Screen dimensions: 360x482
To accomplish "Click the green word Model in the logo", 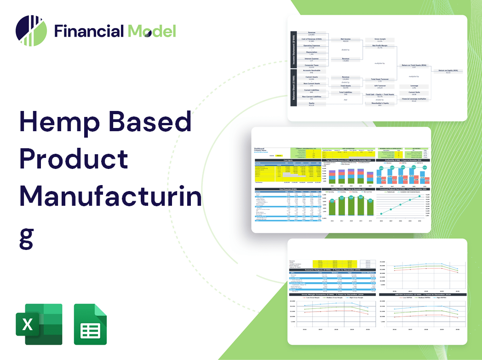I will [x=152, y=31].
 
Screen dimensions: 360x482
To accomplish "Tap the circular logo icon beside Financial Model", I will [x=31, y=31].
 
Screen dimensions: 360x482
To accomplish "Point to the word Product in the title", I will [x=74, y=159].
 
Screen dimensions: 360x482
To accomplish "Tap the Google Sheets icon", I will [x=90, y=324].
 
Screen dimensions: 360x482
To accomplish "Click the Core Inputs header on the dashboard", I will [x=288, y=160].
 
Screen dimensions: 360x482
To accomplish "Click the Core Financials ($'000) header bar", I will [x=288, y=189].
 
